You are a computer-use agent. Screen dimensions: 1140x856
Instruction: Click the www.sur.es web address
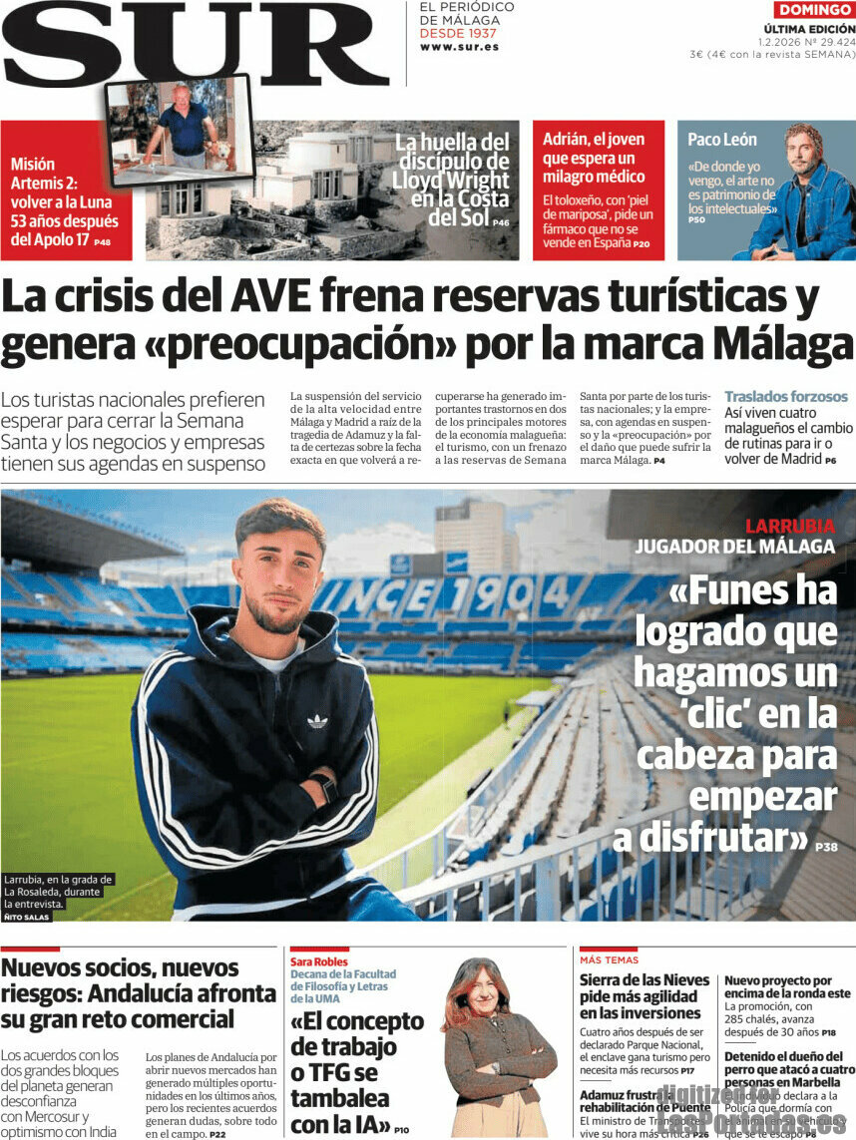click(x=459, y=47)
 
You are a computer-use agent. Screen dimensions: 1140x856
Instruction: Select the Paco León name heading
click(x=722, y=140)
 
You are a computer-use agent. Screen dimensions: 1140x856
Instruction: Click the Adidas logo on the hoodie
click(x=317, y=720)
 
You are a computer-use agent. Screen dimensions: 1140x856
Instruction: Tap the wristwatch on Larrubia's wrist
click(x=325, y=786)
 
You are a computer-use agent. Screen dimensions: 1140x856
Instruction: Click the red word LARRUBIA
click(x=790, y=527)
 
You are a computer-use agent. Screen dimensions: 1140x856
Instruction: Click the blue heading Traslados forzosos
click(x=786, y=397)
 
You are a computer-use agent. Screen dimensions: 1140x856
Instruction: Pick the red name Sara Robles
click(x=319, y=961)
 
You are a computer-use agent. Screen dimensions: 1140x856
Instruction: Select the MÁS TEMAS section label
click(x=609, y=959)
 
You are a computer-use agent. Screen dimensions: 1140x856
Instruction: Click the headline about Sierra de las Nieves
click(x=644, y=997)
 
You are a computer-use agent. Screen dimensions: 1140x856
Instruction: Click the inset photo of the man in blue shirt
click(x=180, y=130)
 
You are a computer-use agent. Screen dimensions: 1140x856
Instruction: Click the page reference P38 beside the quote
click(x=826, y=847)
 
